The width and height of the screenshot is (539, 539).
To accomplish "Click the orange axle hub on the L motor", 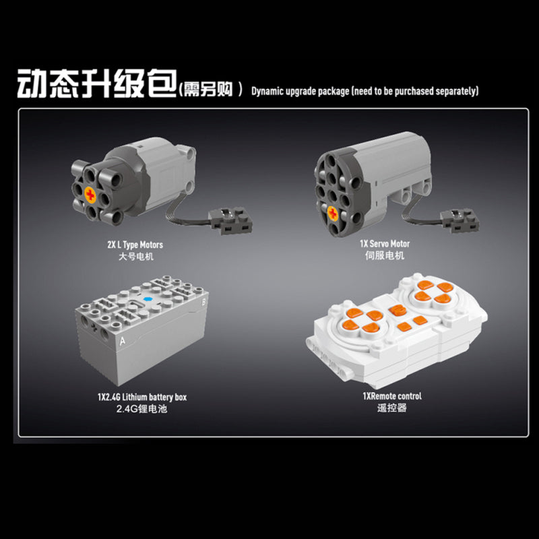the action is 90,195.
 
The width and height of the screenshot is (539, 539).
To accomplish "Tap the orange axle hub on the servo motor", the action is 332,213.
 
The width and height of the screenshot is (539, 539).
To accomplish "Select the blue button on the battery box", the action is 148,299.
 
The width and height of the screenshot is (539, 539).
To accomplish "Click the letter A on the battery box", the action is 122,341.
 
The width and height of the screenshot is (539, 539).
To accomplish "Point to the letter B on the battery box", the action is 203,302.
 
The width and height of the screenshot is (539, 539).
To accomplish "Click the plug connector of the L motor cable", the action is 230,220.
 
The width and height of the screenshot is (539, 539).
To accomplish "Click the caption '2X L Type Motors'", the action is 135,245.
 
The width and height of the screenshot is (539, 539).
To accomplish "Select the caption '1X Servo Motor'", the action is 385,244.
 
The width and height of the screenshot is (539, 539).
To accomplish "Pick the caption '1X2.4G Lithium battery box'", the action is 142,397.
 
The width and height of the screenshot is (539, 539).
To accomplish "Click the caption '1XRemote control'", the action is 392,396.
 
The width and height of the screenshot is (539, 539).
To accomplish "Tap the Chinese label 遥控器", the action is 392,408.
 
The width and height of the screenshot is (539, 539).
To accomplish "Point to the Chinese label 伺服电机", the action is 385,255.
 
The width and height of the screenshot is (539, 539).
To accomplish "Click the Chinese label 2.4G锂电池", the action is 141,409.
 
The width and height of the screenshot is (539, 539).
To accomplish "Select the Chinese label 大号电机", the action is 136,257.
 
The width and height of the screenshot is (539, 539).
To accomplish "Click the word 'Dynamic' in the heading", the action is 267,92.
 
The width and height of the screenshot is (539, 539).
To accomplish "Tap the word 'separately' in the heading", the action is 457,92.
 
